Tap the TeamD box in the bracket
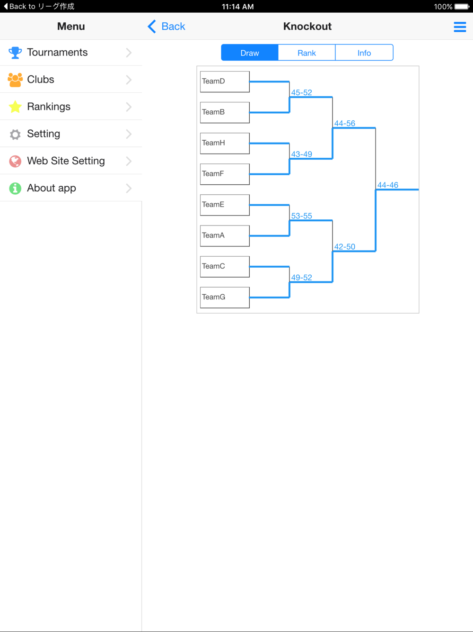tap(225, 82)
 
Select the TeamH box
tap(225, 144)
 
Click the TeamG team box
tap(225, 298)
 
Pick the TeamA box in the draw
tap(225, 236)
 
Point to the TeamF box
tap(225, 174)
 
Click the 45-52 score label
tap(301, 92)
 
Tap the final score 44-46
tap(388, 185)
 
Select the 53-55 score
tap(301, 216)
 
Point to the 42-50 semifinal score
tap(344, 246)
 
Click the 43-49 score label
tap(301, 154)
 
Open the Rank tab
tap(307, 53)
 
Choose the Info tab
tap(364, 53)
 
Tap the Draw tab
tap(250, 53)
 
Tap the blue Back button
tap(166, 27)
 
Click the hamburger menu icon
tap(460, 27)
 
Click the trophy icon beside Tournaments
tap(15, 53)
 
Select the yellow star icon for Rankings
tap(15, 107)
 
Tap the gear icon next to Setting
tap(15, 134)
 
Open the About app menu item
tap(71, 188)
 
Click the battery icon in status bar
tap(462, 6)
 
